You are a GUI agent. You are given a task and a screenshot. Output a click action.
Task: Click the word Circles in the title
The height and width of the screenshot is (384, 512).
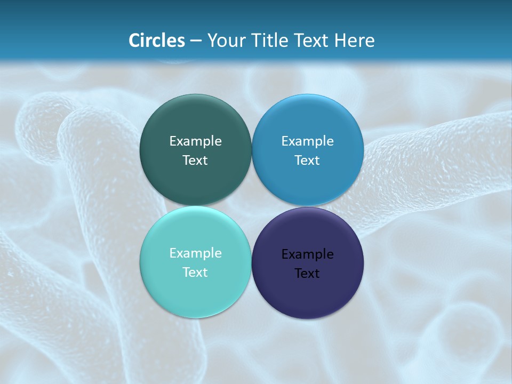[x=157, y=41]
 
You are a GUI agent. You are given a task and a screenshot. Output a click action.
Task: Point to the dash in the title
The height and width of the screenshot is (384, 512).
[x=196, y=41]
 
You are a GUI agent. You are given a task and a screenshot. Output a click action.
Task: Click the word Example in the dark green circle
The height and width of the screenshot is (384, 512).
[x=195, y=141]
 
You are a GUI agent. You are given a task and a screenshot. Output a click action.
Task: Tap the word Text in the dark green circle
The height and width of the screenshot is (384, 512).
[x=195, y=161]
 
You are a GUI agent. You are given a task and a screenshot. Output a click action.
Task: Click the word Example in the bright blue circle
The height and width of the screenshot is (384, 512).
[x=307, y=141]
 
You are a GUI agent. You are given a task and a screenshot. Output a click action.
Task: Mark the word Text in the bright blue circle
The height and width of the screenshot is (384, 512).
[x=307, y=161]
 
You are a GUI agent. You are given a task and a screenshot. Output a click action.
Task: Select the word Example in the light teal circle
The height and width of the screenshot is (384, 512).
[x=195, y=253]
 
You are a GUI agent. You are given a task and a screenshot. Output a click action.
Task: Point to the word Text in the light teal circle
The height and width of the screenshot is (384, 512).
[x=195, y=273]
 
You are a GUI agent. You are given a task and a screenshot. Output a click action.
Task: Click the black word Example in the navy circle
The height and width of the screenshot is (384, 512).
[x=307, y=254]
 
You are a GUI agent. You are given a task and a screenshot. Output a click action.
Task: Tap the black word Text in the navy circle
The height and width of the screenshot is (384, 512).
[x=307, y=274]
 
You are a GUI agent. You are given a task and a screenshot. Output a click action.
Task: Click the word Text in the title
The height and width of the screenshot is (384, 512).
[x=312, y=41]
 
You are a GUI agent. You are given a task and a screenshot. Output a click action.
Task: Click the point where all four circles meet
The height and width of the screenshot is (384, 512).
[x=251, y=206]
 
